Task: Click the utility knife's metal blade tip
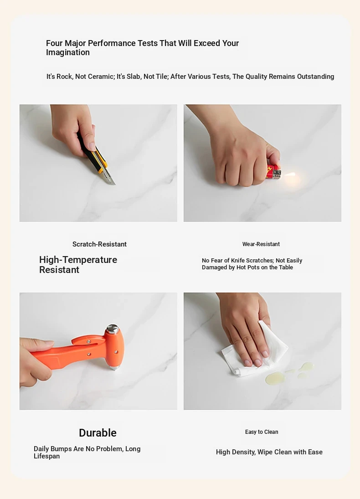114,184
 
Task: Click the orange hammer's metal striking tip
114,368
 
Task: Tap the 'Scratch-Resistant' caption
99,244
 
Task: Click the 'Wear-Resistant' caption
261,244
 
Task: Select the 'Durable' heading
98,433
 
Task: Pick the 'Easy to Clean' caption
262,432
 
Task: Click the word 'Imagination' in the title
68,52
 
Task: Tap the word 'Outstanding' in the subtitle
315,77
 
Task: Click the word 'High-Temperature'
78,260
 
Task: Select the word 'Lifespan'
47,456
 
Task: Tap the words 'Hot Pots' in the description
248,268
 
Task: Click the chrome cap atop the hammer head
112,329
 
